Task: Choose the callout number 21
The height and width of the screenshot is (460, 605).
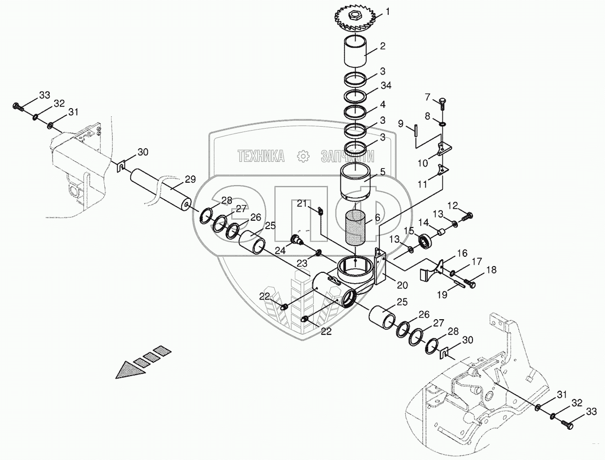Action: point(302,203)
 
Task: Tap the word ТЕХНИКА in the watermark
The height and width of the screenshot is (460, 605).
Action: point(262,156)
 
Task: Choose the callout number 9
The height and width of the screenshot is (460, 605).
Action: point(400,124)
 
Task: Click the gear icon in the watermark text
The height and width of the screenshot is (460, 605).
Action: point(303,156)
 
